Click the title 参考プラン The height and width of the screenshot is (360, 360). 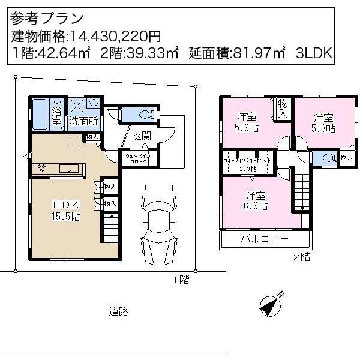coord(47,19)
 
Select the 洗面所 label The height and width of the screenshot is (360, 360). coord(83,121)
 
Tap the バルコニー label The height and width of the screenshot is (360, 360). coord(265,239)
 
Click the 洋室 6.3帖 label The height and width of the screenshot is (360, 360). coord(255,200)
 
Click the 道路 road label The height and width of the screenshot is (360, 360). coord(118,311)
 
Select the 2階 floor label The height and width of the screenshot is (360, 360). coord(301,256)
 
